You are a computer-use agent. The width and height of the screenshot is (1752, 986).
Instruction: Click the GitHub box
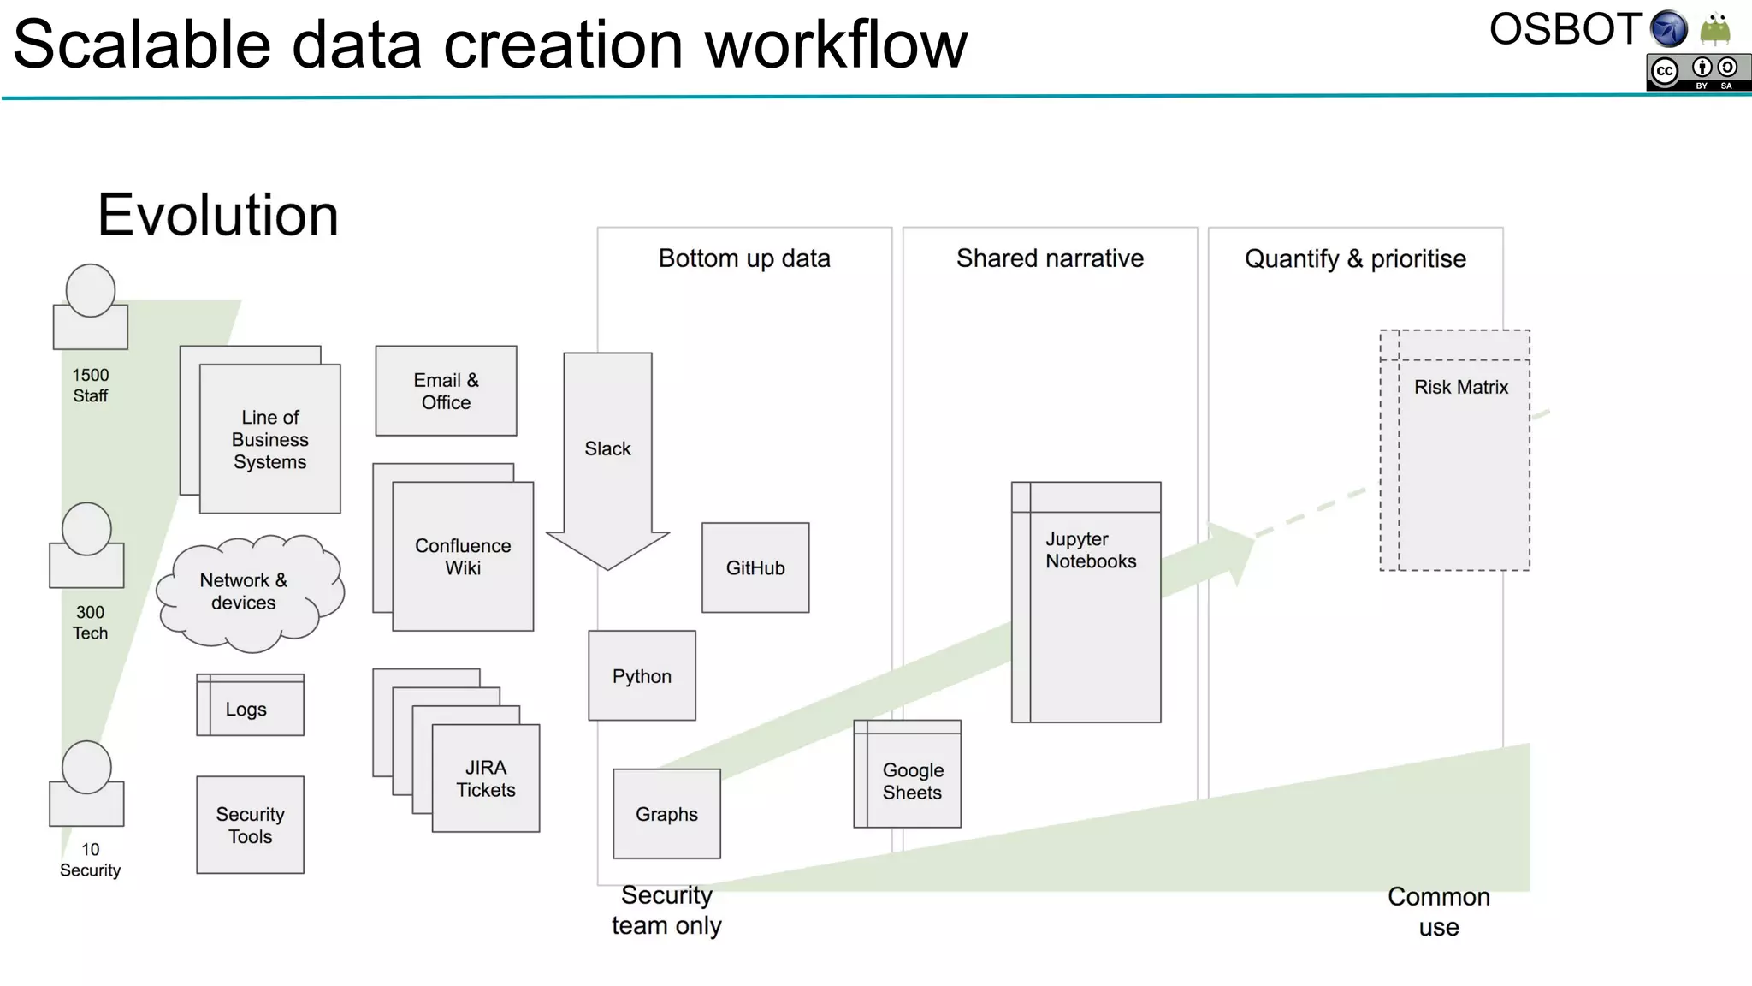755,567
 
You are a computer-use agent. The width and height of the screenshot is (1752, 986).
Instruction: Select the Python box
642,675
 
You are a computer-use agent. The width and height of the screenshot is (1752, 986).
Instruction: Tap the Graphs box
666,813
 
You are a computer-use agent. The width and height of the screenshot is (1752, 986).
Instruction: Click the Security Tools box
250,824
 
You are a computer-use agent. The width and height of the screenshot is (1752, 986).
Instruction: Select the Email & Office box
446,391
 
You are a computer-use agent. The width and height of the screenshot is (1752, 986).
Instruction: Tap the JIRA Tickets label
485,778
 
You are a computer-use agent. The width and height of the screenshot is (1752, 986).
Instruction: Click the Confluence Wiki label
463,556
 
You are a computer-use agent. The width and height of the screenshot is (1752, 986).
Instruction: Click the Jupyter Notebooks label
1090,549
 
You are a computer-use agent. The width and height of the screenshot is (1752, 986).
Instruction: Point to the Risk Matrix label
1460,387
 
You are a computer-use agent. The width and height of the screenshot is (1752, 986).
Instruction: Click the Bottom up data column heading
744,258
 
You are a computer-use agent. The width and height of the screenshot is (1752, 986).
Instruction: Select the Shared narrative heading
1050,258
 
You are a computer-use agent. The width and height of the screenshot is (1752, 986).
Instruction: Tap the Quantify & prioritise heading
1355,258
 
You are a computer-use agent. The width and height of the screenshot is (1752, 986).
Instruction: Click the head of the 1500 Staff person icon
91,291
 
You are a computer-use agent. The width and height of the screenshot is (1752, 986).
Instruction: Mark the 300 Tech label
90,622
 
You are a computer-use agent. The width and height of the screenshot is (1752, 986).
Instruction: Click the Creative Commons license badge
1698,73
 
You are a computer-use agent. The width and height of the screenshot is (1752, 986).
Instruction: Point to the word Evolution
218,215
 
